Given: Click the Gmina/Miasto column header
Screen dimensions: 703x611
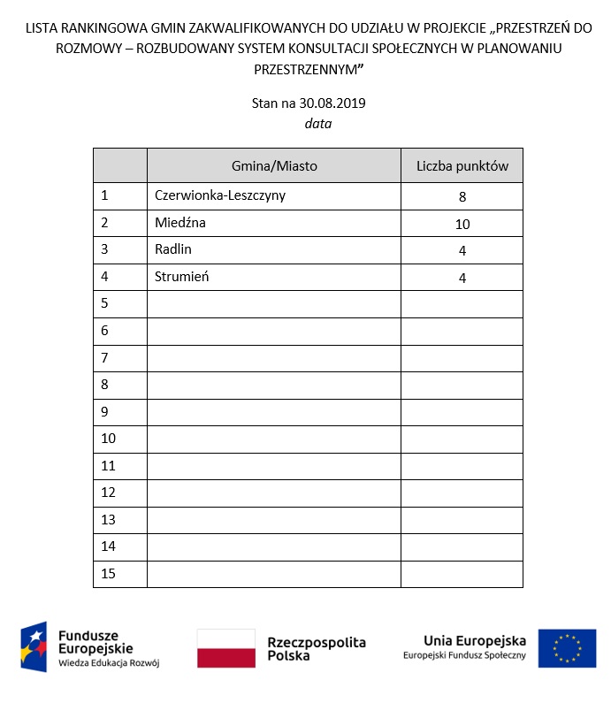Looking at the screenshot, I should tap(274, 165).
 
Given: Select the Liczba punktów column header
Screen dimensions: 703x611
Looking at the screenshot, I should tap(462, 165).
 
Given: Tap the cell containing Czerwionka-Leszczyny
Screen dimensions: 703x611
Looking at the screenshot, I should tap(219, 195).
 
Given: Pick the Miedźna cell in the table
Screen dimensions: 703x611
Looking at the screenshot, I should tap(179, 223).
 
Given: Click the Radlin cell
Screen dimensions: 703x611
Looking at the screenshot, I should tap(172, 249).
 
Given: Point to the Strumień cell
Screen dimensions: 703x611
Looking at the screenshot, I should tap(181, 277).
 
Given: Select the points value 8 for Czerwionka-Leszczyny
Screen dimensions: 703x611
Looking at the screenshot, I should tap(462, 197).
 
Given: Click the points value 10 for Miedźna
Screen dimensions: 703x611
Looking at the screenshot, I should tap(462, 225).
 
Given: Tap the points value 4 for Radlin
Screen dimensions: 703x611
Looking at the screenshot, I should tap(462, 251).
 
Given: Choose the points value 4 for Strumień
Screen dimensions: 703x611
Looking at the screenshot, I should tap(462, 279).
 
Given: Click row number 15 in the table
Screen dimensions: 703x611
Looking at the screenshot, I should tap(109, 574).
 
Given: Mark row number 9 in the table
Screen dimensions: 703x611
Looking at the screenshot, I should tap(105, 411).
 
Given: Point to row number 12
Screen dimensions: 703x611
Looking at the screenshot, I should tap(109, 493).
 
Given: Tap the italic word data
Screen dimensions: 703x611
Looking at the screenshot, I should tap(318, 124).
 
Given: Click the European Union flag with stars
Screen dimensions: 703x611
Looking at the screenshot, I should tap(567, 648).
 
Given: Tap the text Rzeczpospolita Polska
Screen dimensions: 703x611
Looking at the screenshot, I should tap(316, 649).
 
